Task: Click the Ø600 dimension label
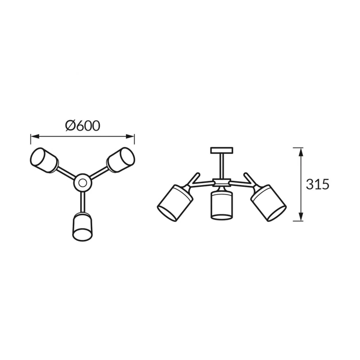tap(83, 126)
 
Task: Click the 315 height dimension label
tap(318, 184)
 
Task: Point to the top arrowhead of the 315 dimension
tap(301, 152)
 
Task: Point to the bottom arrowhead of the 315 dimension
tap(301, 216)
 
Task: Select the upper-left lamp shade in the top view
tap(44, 160)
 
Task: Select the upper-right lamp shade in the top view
tap(121, 160)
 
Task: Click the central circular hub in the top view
tap(83, 183)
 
